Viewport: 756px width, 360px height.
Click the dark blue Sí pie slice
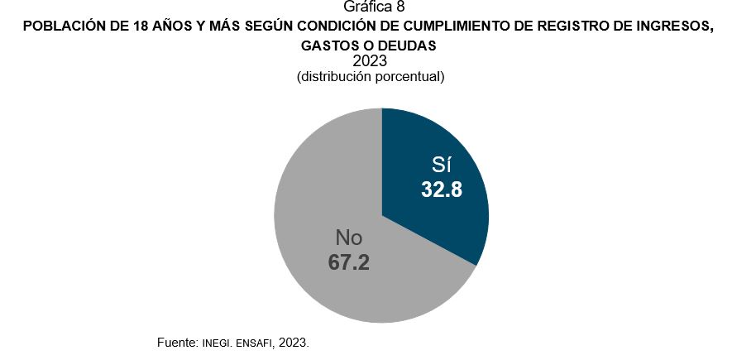click(447, 149)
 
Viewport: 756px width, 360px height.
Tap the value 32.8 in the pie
click(441, 190)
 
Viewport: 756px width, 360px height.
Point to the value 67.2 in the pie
click(348, 262)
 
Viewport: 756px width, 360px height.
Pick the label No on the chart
click(348, 238)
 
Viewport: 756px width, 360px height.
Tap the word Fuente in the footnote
click(175, 342)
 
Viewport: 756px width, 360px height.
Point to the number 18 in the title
click(139, 26)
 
